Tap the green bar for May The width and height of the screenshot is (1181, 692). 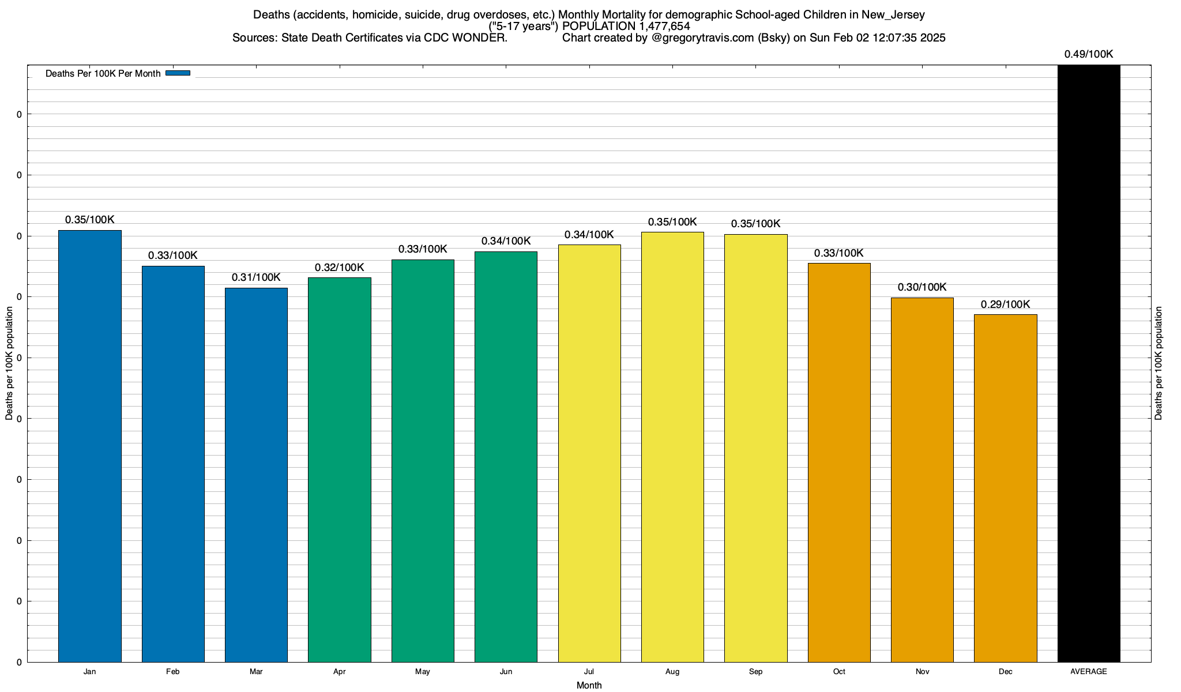(423, 461)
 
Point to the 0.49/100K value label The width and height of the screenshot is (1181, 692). (1089, 54)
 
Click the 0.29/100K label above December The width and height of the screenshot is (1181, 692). (1005, 304)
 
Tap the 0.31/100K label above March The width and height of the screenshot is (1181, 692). (256, 277)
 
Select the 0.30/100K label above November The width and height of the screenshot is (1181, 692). (922, 287)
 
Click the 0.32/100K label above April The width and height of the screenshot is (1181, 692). (340, 268)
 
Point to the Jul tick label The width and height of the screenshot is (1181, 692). (589, 672)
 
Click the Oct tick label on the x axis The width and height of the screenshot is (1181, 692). (839, 672)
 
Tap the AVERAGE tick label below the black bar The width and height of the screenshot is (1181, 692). (1089, 672)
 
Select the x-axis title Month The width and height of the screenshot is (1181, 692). (589, 685)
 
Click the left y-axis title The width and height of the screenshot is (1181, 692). (9, 363)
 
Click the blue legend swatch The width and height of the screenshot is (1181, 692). (178, 73)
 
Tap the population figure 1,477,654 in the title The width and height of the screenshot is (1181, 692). (664, 27)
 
